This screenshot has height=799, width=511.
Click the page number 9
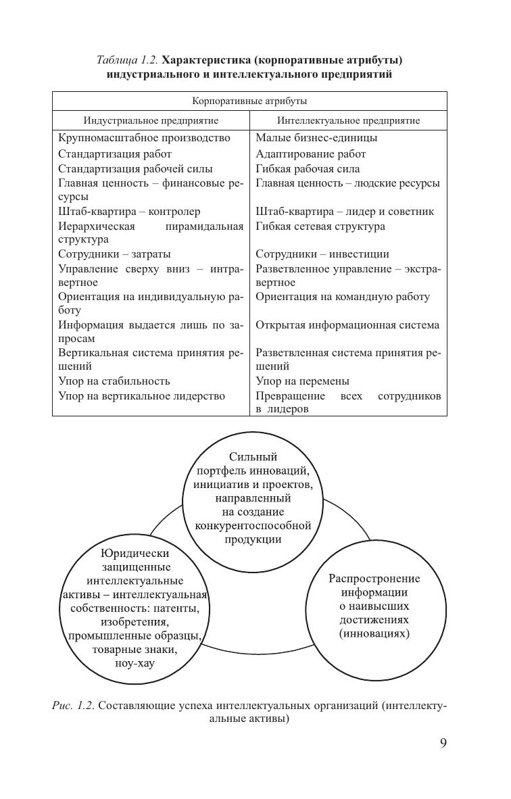[443, 743]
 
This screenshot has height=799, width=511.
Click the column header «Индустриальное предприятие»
[151, 121]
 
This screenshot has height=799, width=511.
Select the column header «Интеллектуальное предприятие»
[348, 121]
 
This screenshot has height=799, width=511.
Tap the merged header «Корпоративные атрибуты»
[249, 101]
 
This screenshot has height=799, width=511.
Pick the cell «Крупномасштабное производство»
[144, 138]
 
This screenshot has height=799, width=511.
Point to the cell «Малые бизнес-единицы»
[316, 138]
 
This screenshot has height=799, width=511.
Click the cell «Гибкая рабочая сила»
[308, 169]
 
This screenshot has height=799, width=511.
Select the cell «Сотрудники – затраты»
[114, 254]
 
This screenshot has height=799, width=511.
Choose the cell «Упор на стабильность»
[114, 381]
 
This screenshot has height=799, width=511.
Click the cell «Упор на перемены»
[302, 381]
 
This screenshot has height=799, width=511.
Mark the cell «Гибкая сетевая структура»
[320, 226]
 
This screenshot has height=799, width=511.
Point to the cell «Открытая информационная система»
[347, 325]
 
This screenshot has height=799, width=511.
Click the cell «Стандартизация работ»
[115, 154]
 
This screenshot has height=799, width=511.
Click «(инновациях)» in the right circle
[374, 634]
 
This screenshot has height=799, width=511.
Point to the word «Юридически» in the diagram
[135, 553]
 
